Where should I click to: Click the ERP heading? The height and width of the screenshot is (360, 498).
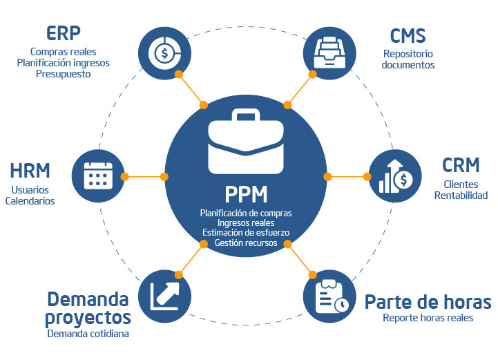63,33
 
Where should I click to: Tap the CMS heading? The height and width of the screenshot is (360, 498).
408,35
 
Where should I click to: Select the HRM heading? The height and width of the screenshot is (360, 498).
30,170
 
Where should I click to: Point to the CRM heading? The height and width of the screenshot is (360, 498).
461,166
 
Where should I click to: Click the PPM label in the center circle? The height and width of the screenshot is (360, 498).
246,192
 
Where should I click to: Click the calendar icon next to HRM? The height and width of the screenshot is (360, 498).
97,176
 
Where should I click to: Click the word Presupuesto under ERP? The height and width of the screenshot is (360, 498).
63,73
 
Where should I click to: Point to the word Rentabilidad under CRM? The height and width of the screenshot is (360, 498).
461,196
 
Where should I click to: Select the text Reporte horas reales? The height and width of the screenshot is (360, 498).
428,318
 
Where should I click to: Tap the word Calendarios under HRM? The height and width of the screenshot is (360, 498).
30,201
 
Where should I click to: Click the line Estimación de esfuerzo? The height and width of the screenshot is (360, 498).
245,233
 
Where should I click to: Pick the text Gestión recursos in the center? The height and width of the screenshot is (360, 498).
245,243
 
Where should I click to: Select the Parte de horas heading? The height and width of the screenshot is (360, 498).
428,302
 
